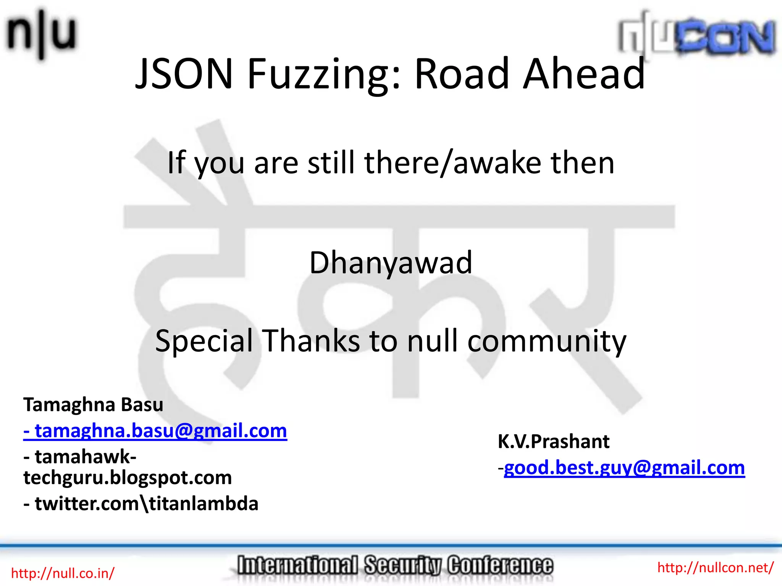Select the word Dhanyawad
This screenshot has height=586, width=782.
tap(391, 262)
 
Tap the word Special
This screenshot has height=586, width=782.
tap(204, 341)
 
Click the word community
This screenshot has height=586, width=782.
tap(547, 341)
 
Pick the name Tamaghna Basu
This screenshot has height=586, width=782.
tap(93, 404)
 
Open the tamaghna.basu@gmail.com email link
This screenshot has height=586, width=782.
tap(155, 431)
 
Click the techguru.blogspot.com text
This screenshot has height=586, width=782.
tap(128, 477)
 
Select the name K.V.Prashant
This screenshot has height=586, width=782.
tap(553, 441)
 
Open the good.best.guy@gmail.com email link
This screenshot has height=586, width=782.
tap(624, 468)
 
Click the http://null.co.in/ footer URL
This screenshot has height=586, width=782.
tap(63, 573)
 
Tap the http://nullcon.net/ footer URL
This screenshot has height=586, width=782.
tap(715, 568)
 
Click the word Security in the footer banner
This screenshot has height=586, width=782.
tap(403, 565)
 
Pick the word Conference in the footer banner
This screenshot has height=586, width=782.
tap(500, 565)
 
